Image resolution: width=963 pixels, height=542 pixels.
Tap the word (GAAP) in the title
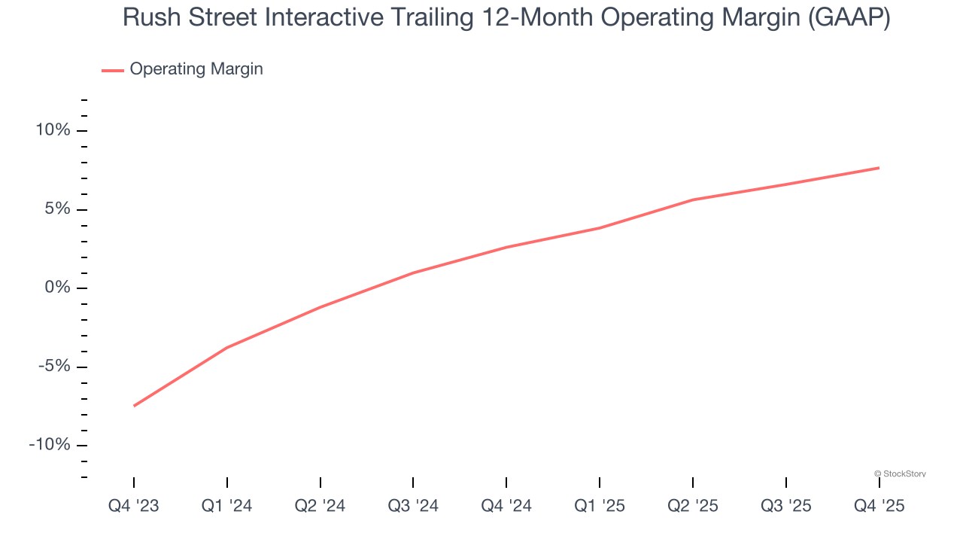pos(849,17)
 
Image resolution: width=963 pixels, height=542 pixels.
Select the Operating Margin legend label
pos(196,69)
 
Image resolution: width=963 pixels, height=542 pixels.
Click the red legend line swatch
pos(113,70)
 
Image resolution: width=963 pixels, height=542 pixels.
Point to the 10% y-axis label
pos(53,130)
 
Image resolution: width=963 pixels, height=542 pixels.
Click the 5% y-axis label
pos(57,209)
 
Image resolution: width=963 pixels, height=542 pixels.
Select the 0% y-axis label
pos(57,288)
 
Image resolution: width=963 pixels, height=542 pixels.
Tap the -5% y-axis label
pos(54,367)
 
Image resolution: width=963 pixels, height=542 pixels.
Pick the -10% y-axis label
pos(50,445)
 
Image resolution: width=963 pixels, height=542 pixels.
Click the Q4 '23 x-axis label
pos(134,506)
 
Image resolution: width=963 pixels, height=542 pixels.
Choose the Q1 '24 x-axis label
pos(227,506)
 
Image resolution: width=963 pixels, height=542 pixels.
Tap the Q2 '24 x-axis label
pos(320,506)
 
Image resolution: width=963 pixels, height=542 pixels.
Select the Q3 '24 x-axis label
pos(413,506)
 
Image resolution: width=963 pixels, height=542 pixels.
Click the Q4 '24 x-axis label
pos(506,506)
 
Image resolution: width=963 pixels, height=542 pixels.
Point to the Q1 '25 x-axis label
pos(600,506)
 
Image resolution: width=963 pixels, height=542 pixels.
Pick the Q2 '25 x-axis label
pos(693,506)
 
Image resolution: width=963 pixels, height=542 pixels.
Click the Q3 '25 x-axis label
pos(786,506)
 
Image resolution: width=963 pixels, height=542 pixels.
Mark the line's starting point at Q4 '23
pos(134,406)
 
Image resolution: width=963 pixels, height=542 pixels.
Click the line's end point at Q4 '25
pos(879,168)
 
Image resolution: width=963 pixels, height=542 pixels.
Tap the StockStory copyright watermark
pos(900,473)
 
